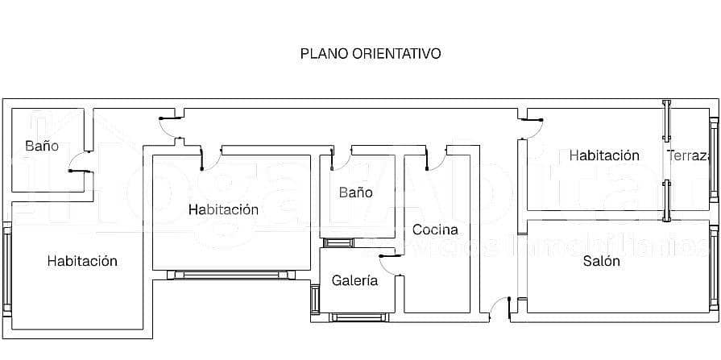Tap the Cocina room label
[435, 230]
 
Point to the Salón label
[601, 261]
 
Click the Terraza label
[689, 155]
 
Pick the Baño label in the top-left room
[42, 146]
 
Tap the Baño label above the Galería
[355, 192]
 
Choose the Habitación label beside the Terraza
[604, 155]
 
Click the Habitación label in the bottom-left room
[82, 261]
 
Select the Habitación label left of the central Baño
[223, 209]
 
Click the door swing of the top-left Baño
[79, 161]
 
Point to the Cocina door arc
[435, 159]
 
